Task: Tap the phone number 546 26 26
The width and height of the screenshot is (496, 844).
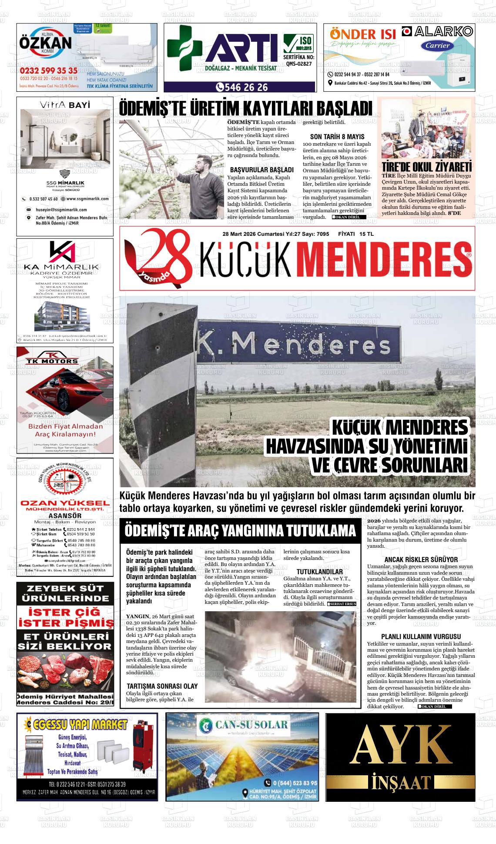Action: click(244, 87)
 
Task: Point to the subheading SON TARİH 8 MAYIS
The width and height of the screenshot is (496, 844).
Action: click(337, 137)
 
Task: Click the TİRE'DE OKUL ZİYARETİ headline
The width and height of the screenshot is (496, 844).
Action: click(426, 167)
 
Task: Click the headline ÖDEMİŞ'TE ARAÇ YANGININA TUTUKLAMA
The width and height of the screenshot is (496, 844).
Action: click(240, 531)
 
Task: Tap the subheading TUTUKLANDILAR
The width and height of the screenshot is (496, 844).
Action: click(319, 571)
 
